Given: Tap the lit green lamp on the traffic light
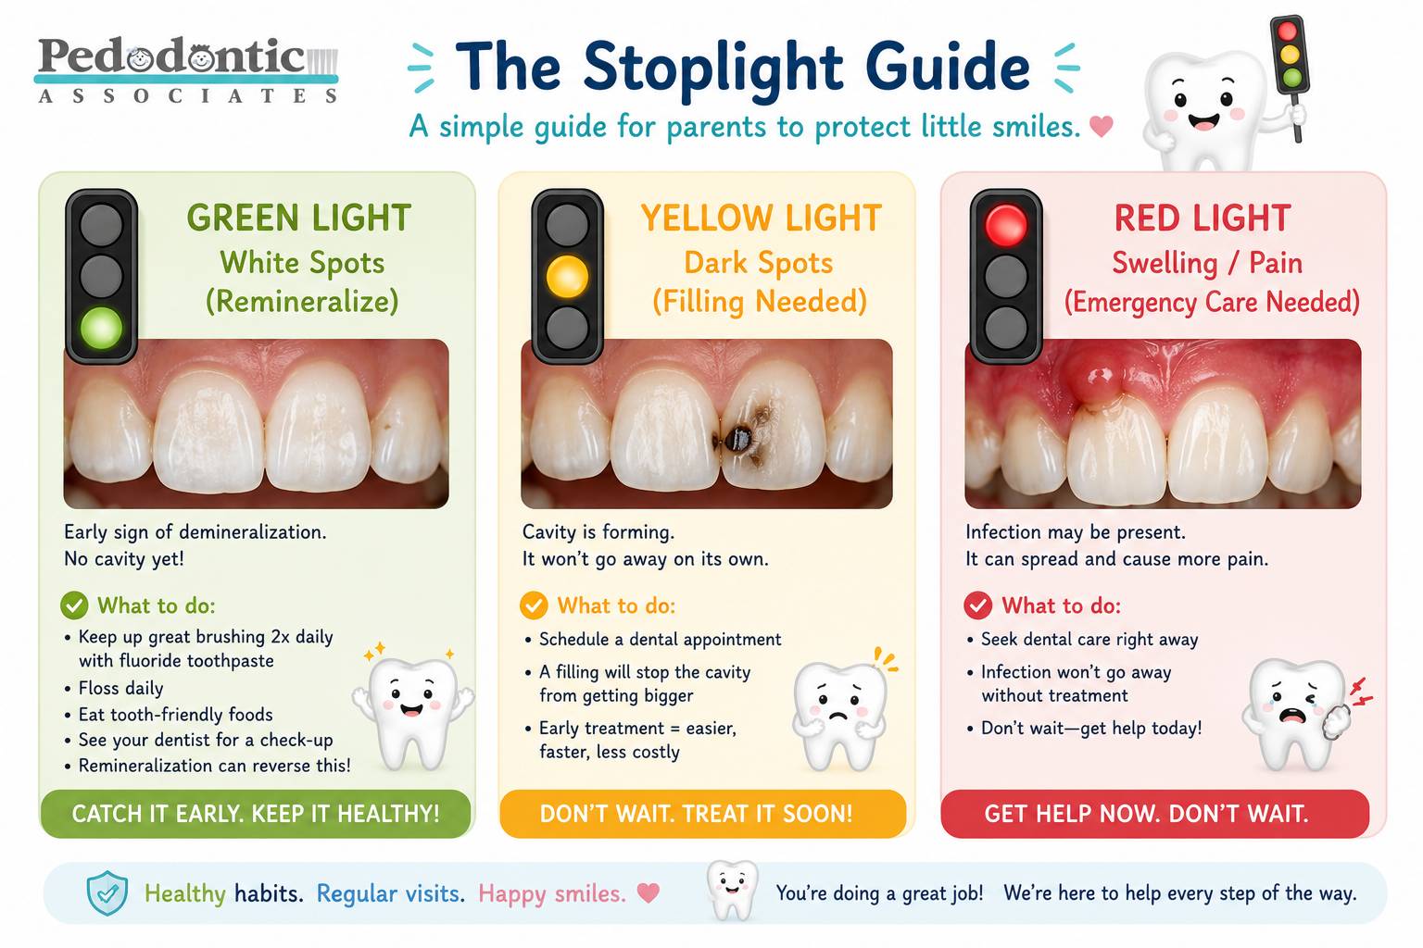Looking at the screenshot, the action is [x=101, y=329].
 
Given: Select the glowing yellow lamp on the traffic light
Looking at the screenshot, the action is [x=567, y=277].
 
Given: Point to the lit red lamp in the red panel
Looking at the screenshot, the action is [x=1005, y=225].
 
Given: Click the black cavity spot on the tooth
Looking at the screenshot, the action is [x=738, y=438].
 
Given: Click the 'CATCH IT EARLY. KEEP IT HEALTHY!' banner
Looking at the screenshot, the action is [x=256, y=814].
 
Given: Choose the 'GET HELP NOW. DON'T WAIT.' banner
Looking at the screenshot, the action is [x=1155, y=814].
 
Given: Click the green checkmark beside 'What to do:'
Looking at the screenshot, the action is [x=74, y=605].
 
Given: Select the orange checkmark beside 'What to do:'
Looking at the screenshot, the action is [x=534, y=605].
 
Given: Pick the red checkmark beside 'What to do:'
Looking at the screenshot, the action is [x=977, y=605].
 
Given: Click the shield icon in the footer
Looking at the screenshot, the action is [x=107, y=892].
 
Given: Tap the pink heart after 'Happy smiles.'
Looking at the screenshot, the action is [x=648, y=892].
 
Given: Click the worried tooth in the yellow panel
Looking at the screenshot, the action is [x=840, y=715].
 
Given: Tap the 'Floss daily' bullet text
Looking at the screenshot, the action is [x=120, y=688].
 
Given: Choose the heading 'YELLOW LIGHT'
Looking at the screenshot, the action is [x=761, y=218].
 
